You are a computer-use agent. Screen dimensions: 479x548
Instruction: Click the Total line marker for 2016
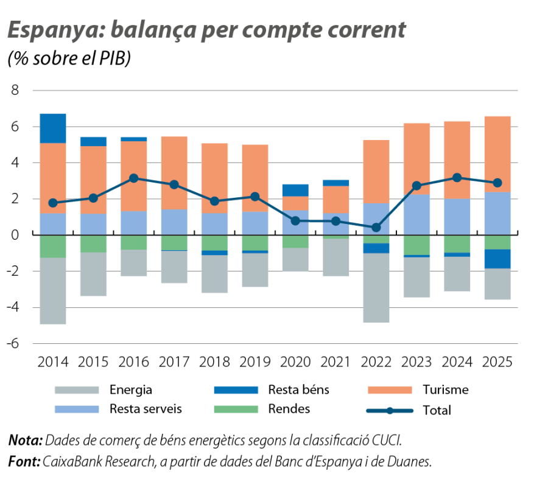tap(133, 178)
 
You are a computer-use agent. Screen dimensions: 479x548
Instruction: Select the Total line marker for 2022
tap(376, 228)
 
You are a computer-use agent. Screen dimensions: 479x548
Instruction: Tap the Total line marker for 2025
tap(497, 183)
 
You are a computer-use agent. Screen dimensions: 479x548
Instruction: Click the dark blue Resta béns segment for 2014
tap(53, 128)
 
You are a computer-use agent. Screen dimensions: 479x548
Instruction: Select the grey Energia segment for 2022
tap(376, 288)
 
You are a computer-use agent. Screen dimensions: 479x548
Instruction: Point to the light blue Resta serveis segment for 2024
tap(457, 217)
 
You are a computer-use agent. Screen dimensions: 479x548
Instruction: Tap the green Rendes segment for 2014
tap(53, 246)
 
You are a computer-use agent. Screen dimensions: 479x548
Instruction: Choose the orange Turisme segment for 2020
tap(295, 203)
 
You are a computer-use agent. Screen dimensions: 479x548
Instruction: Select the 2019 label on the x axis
tap(255, 362)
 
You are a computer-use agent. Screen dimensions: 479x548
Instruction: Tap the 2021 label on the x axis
tap(335, 362)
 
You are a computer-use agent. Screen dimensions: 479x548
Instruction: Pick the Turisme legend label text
tap(446, 390)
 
